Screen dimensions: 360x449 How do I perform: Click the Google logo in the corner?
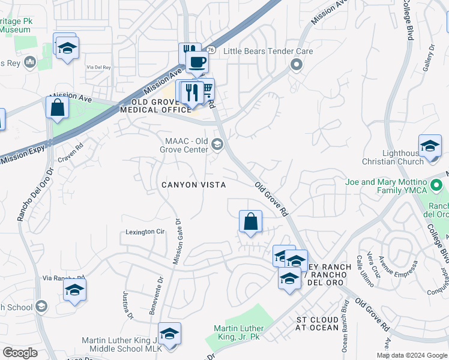20,353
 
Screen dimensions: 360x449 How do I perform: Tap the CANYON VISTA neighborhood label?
193,185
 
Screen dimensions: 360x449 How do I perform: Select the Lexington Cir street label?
145,232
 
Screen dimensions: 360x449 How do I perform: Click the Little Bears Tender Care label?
268,51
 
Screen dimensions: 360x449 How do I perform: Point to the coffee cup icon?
196,61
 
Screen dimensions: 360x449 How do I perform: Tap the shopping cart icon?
207,90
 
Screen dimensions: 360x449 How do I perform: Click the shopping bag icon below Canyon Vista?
250,221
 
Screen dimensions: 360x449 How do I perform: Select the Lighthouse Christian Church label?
393,157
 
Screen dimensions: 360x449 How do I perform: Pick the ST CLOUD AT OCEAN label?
318,324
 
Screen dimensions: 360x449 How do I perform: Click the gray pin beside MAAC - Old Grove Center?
217,144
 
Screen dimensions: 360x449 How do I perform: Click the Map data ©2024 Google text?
411,355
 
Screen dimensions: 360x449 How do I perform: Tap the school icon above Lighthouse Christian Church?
430,146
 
